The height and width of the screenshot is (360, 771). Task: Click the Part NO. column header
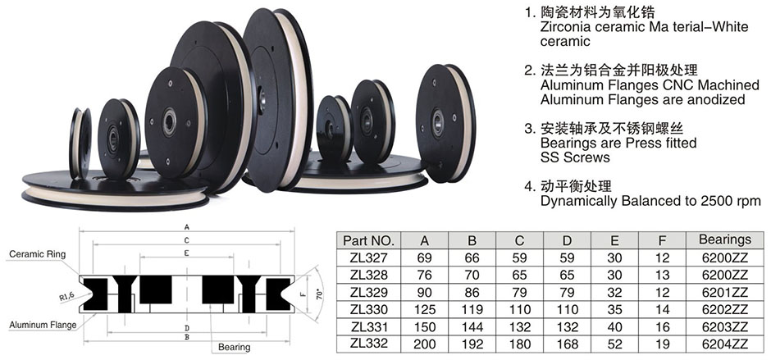[x=369, y=240]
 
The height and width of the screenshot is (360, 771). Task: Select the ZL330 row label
[x=369, y=309]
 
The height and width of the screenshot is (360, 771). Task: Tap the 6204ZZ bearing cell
[x=725, y=344]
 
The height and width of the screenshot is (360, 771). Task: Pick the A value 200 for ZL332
[x=424, y=344]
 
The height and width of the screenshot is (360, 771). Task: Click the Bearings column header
[x=725, y=239]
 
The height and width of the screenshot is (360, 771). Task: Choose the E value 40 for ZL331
[x=614, y=326]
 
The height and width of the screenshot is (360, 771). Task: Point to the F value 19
[x=663, y=344]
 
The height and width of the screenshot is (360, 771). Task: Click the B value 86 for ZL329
[x=472, y=292]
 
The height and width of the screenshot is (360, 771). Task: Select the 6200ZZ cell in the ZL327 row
[x=725, y=257]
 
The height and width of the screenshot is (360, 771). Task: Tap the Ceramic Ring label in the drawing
[x=38, y=254]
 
